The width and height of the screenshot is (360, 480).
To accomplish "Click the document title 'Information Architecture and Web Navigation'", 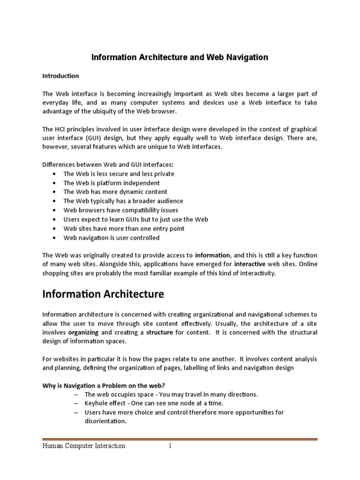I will click(x=180, y=57).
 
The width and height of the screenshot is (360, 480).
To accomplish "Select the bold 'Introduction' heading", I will click(x=60, y=76).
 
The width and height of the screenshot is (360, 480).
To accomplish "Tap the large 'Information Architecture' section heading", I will click(x=103, y=294).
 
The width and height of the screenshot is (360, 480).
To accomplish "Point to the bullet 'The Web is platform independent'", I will click(x=112, y=183).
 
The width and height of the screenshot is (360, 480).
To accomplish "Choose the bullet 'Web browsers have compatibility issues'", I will click(x=121, y=210).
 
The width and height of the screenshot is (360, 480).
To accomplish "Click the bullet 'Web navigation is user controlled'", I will click(x=112, y=238).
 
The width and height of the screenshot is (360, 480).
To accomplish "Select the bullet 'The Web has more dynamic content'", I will click(x=115, y=192).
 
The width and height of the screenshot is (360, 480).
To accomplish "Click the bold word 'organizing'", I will click(x=83, y=332).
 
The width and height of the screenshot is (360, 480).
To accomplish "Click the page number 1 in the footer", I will click(x=171, y=446).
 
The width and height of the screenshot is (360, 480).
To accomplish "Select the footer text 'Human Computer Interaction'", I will click(x=84, y=446).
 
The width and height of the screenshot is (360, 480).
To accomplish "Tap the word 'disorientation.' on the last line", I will click(x=99, y=421).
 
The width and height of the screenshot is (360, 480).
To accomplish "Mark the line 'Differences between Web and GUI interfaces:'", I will click(x=108, y=165).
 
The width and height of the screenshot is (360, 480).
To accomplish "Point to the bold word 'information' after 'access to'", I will click(x=212, y=255).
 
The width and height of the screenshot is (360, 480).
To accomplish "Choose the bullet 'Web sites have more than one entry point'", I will click(x=124, y=229).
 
